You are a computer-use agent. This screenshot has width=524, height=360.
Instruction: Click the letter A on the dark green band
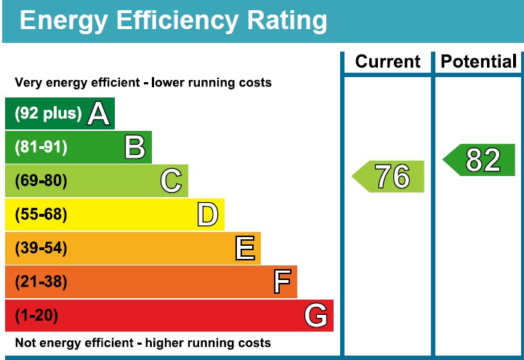[99, 114]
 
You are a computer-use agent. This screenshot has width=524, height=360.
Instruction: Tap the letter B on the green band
[134, 148]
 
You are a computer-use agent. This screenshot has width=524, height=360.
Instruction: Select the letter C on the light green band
[171, 181]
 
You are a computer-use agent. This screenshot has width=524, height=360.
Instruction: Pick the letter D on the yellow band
[207, 215]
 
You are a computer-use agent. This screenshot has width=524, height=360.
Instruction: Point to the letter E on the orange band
[245, 249]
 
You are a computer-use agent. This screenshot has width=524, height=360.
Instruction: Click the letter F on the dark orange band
[281, 282]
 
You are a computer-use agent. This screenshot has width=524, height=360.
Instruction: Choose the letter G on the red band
[315, 316]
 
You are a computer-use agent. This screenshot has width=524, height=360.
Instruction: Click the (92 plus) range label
[49, 114]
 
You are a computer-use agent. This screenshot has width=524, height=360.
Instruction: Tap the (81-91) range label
[41, 148]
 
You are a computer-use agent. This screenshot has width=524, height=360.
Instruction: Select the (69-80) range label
[41, 181]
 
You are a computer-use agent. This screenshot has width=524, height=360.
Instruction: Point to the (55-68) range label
[41, 215]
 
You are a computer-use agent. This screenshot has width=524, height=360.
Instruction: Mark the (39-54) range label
[41, 249]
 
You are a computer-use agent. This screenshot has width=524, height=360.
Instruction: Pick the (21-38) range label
[41, 282]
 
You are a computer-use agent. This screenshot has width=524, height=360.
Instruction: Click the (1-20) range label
[36, 316]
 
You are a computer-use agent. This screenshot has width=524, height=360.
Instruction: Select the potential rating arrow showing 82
[480, 160]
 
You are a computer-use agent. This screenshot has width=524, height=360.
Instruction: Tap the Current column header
[387, 63]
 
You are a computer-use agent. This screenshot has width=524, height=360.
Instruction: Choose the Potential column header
[479, 63]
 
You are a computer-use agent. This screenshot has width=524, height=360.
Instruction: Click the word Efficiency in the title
[178, 21]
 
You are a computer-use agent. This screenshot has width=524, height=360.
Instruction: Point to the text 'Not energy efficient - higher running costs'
[143, 343]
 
